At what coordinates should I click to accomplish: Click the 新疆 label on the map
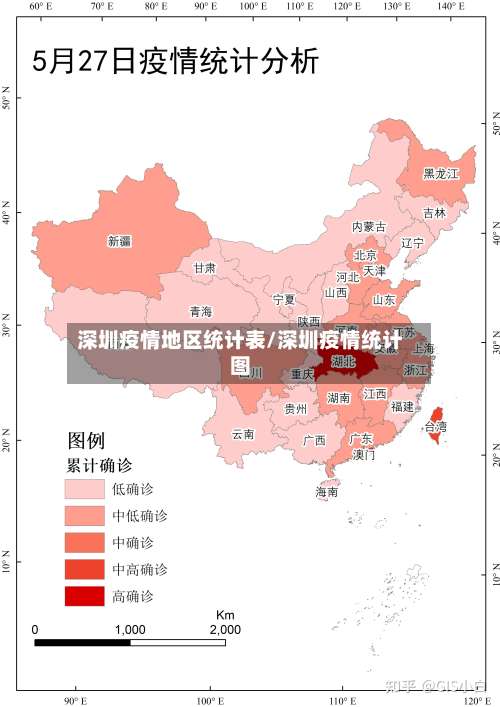tap(119, 241)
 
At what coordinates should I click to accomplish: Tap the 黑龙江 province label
tap(440, 173)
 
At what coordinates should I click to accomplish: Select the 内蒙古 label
tap(369, 227)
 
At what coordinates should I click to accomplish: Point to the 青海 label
tap(201, 311)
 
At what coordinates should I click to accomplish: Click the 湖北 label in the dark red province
tap(343, 361)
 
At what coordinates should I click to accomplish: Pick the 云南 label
tap(243, 434)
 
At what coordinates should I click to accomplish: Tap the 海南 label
tap(327, 492)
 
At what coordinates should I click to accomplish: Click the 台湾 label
tap(436, 426)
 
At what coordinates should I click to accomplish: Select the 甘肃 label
tap(204, 268)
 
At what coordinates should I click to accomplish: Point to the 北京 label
tap(365, 255)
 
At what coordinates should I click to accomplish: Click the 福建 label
tap(402, 407)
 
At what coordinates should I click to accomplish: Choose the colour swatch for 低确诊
tap(85, 489)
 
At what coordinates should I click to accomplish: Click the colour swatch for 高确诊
tap(85, 596)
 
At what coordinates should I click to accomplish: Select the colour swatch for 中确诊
tap(85, 543)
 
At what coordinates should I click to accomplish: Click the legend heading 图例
tap(86, 440)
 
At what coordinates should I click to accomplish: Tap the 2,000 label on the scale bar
tap(224, 630)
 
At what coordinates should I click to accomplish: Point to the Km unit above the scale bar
tap(224, 614)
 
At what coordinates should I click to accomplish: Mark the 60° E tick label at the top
tap(39, 7)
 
